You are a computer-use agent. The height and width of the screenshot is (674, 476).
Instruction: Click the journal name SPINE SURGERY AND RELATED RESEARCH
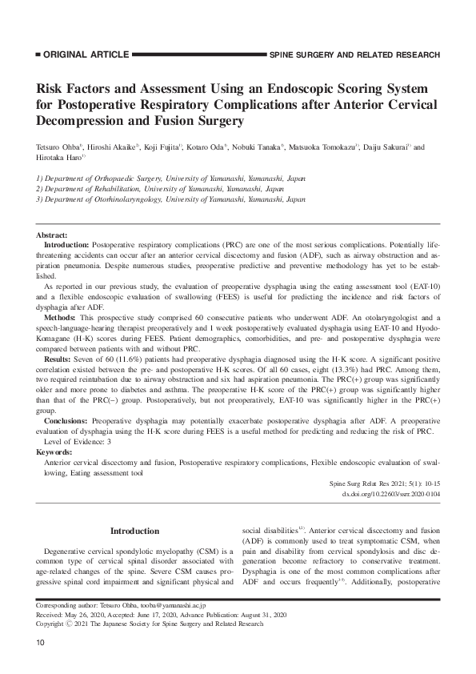pos(354,55)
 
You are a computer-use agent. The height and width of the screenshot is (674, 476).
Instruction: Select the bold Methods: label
pos(61,316)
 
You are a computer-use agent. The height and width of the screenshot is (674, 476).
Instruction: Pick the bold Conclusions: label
pos(67,417)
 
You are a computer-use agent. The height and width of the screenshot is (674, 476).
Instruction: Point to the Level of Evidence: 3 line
pos(78,442)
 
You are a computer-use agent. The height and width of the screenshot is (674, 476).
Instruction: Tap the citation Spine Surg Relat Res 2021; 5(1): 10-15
pos(385,484)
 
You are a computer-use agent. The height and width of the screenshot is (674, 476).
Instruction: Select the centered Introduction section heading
pos(134,531)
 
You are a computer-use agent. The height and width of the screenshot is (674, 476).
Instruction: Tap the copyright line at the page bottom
pos(150,623)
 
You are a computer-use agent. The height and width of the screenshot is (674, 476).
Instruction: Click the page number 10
pos(41,644)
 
